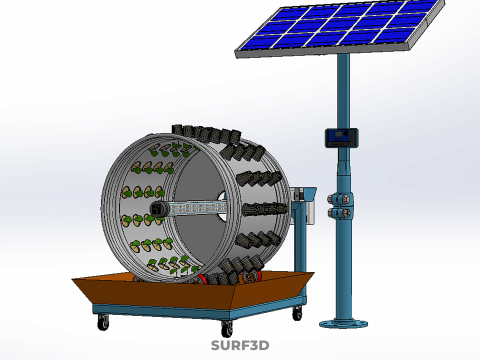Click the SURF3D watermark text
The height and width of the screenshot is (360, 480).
240,345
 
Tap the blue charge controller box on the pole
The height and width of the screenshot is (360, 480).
342,137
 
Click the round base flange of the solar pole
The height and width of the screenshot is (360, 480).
344,324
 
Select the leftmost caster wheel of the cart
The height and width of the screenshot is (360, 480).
103,322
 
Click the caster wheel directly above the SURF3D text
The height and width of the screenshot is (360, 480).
227,329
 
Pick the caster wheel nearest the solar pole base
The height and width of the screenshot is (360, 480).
297,314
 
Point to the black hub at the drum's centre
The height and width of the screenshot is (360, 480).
157,209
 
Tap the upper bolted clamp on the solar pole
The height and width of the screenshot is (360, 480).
341,199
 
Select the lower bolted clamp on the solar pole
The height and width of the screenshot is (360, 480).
341,212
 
